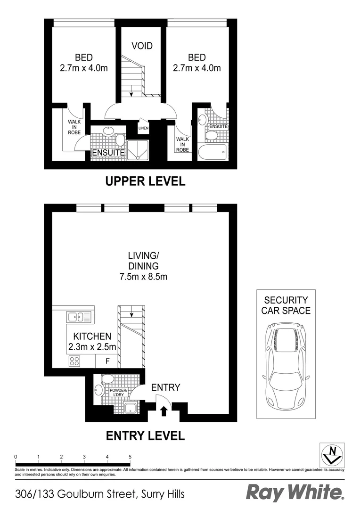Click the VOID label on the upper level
click(142, 46)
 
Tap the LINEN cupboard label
click(143, 128)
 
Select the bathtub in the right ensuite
click(213, 152)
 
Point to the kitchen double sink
click(79, 317)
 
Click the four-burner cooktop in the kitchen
click(74, 361)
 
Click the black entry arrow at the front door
click(164, 412)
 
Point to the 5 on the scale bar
click(130, 457)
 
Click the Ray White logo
click(295, 493)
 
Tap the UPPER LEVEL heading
click(145, 181)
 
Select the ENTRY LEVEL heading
click(145, 436)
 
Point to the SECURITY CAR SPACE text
click(286, 305)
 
